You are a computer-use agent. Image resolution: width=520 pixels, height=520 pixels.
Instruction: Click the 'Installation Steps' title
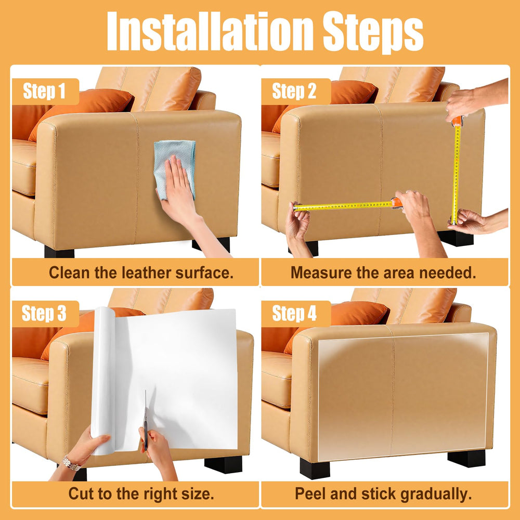click(265, 32)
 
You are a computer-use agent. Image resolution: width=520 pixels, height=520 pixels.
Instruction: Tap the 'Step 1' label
click(44, 91)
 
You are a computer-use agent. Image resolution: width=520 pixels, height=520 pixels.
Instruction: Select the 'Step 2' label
click(294, 91)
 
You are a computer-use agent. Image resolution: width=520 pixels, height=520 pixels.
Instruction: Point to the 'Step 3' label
click(44, 314)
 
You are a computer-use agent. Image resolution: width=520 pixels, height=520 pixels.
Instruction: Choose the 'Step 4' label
click(294, 314)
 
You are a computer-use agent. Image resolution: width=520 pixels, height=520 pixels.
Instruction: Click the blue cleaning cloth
click(175, 166)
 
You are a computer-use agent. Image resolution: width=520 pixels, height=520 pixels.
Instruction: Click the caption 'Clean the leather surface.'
click(141, 272)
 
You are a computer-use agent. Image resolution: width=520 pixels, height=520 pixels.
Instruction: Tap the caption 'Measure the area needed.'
click(383, 272)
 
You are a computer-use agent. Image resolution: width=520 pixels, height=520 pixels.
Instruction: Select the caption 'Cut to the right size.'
click(141, 493)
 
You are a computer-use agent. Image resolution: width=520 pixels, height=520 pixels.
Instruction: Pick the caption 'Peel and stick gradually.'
click(383, 493)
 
